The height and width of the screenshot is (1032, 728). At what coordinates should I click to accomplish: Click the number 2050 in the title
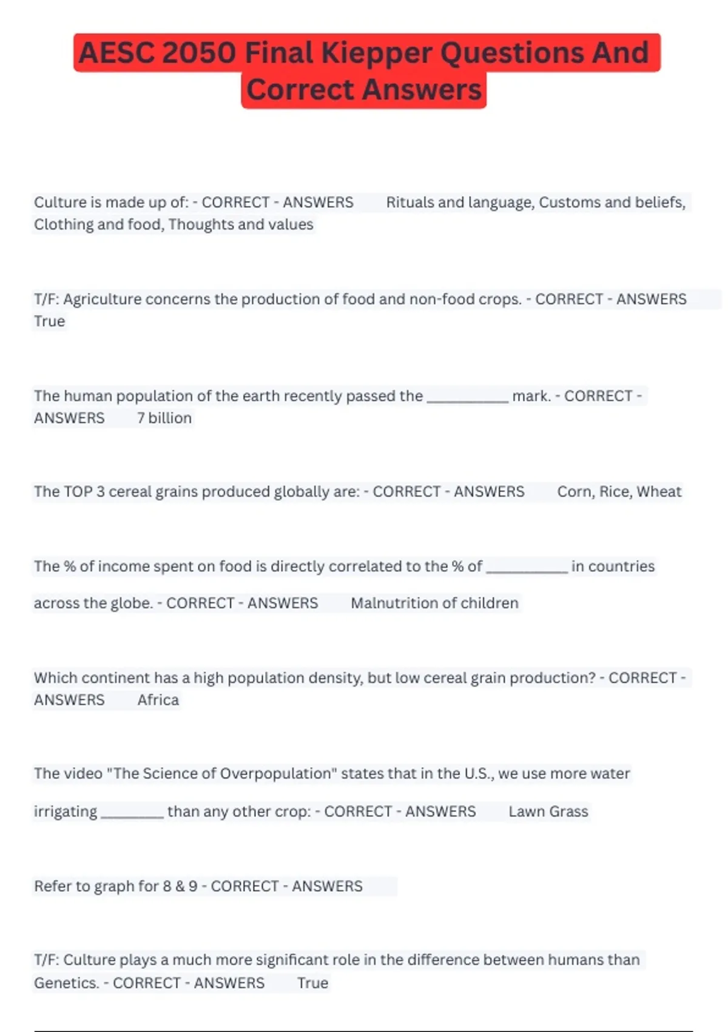pos(198,53)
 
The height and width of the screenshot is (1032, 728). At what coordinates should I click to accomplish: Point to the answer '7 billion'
pos(164,418)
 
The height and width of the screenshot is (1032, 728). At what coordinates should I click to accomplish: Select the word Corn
pos(574,492)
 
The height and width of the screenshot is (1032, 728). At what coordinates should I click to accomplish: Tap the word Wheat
pos(659,492)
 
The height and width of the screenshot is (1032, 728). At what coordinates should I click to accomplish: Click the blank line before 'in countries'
pos(527,569)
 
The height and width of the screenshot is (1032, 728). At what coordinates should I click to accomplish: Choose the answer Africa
pos(158,700)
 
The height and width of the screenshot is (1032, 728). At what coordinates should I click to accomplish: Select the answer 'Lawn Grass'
pos(548,812)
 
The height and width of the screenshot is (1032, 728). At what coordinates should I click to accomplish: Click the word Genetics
pos(66,983)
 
